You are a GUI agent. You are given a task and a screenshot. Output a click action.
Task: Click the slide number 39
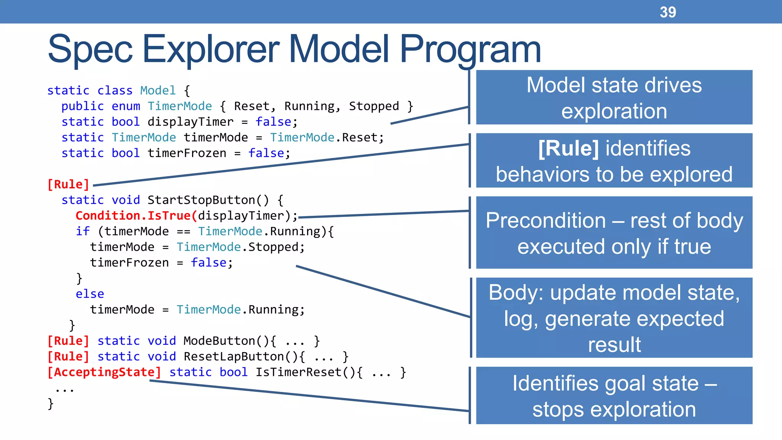click(x=667, y=12)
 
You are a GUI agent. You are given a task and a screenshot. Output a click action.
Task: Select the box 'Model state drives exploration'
click(x=614, y=97)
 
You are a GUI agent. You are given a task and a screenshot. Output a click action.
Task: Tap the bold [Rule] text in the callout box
click(x=568, y=149)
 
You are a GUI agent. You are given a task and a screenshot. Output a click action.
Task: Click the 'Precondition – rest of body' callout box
click(x=614, y=233)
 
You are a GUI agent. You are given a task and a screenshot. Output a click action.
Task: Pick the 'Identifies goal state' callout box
click(x=614, y=396)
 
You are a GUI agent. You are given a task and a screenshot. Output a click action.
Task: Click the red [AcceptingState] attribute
click(x=104, y=372)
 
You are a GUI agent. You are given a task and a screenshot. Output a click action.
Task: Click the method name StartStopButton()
click(x=208, y=200)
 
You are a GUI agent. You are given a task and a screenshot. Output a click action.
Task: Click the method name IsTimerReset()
click(x=305, y=372)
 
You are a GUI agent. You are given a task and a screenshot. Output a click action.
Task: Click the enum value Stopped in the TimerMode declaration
click(x=374, y=106)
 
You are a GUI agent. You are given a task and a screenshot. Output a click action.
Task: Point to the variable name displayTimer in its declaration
click(x=190, y=122)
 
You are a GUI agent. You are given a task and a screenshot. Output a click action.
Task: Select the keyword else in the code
click(x=90, y=294)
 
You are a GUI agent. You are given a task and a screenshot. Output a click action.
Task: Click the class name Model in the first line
click(x=158, y=91)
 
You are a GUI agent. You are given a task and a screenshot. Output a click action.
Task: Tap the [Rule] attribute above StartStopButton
click(x=68, y=184)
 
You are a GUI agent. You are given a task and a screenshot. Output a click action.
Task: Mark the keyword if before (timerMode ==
click(x=82, y=231)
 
